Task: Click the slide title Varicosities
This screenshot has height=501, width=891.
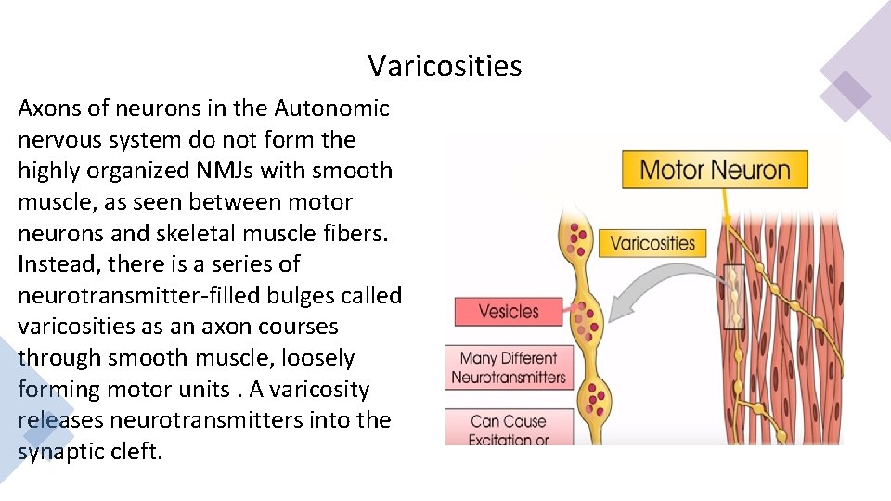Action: coord(445,66)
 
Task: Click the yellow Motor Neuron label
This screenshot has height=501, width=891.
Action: coord(715,170)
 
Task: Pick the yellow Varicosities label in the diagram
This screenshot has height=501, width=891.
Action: coord(652,243)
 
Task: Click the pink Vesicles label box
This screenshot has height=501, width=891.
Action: coord(508,311)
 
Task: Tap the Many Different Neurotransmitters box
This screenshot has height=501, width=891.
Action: coord(508,368)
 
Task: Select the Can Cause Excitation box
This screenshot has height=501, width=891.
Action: coord(508,429)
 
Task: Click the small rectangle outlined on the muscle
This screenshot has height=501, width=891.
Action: coord(734,297)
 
